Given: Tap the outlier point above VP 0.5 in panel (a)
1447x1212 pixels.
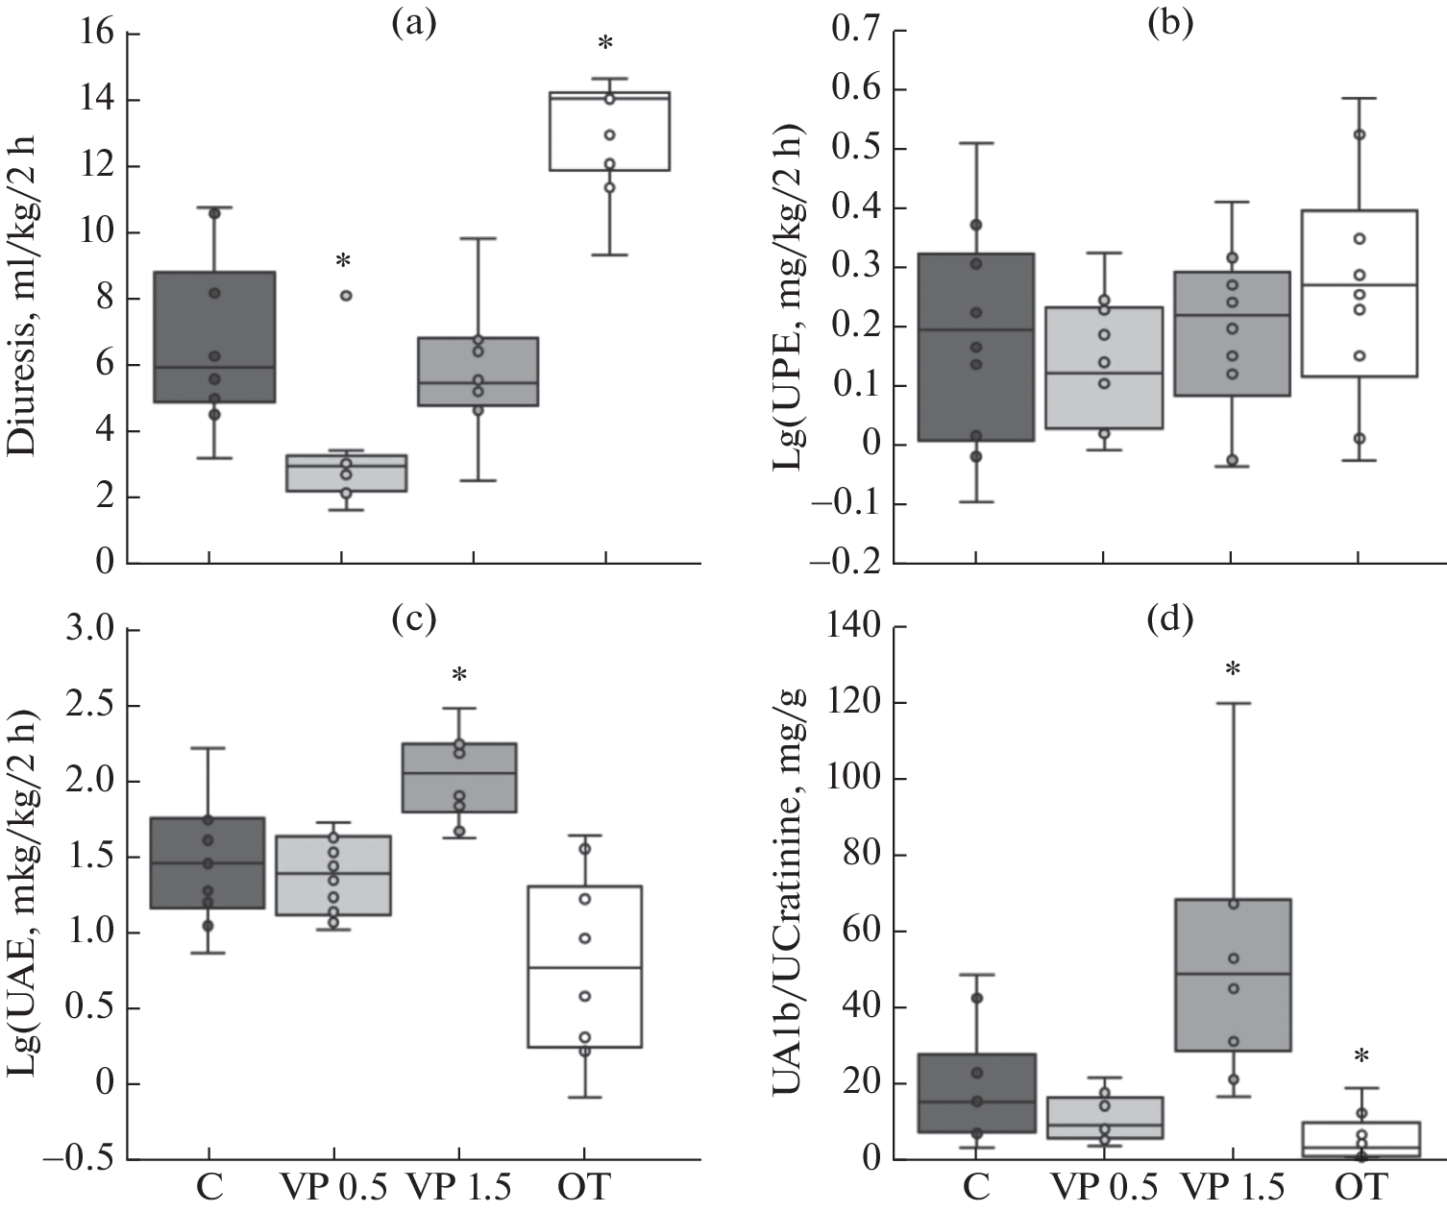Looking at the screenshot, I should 346,296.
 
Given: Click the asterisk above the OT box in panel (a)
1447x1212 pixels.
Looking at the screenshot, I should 605,43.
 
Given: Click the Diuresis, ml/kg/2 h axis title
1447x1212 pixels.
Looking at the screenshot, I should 24,298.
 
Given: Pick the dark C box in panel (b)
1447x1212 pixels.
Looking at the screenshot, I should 975,347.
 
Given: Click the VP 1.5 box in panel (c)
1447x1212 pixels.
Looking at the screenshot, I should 459,777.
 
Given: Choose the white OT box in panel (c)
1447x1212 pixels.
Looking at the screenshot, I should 584,966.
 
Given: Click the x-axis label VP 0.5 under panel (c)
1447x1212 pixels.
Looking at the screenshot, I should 333,1189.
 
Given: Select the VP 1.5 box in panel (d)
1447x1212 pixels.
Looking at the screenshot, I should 1233,975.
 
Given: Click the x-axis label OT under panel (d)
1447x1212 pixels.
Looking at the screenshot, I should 1360,1189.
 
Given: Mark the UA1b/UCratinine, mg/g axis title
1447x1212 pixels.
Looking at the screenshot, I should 791,893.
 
